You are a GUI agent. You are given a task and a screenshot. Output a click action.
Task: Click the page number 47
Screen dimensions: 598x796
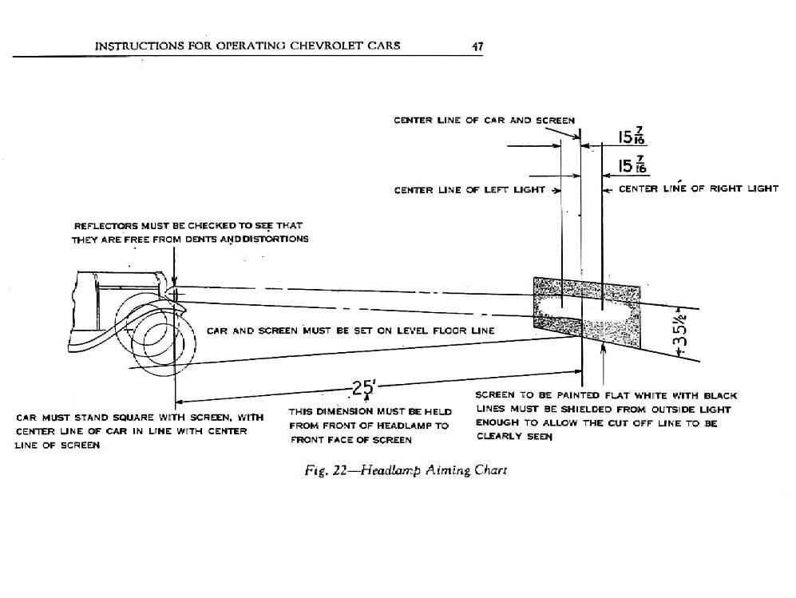click(477, 46)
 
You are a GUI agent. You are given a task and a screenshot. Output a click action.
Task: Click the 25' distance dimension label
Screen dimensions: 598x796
click(363, 389)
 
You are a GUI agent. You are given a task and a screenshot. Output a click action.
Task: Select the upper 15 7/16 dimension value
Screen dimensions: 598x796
click(632, 137)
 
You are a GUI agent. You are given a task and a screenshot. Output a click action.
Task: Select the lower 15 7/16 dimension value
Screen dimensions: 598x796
click(632, 166)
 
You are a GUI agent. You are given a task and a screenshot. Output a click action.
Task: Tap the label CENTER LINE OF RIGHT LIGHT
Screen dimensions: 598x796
click(698, 189)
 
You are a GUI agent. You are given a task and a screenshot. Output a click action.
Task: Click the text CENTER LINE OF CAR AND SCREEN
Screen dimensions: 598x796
click(483, 121)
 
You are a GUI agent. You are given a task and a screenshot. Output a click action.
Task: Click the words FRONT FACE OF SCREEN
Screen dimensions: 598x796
click(351, 440)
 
